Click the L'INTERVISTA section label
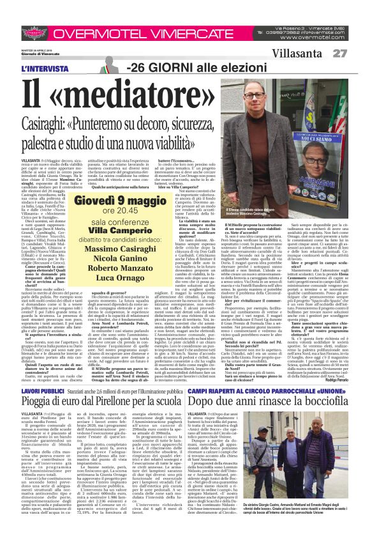click(x=43, y=68)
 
